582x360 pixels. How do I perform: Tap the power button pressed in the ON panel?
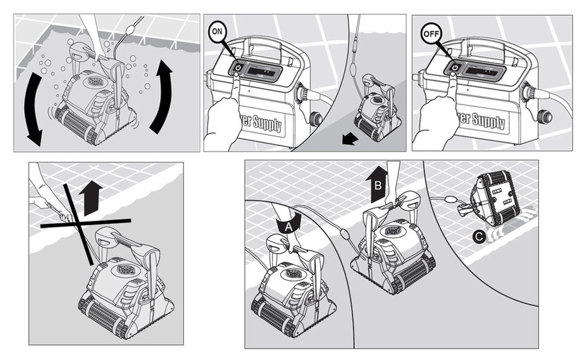click(x=237, y=67)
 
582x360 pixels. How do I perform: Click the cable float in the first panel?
click(x=131, y=27)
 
